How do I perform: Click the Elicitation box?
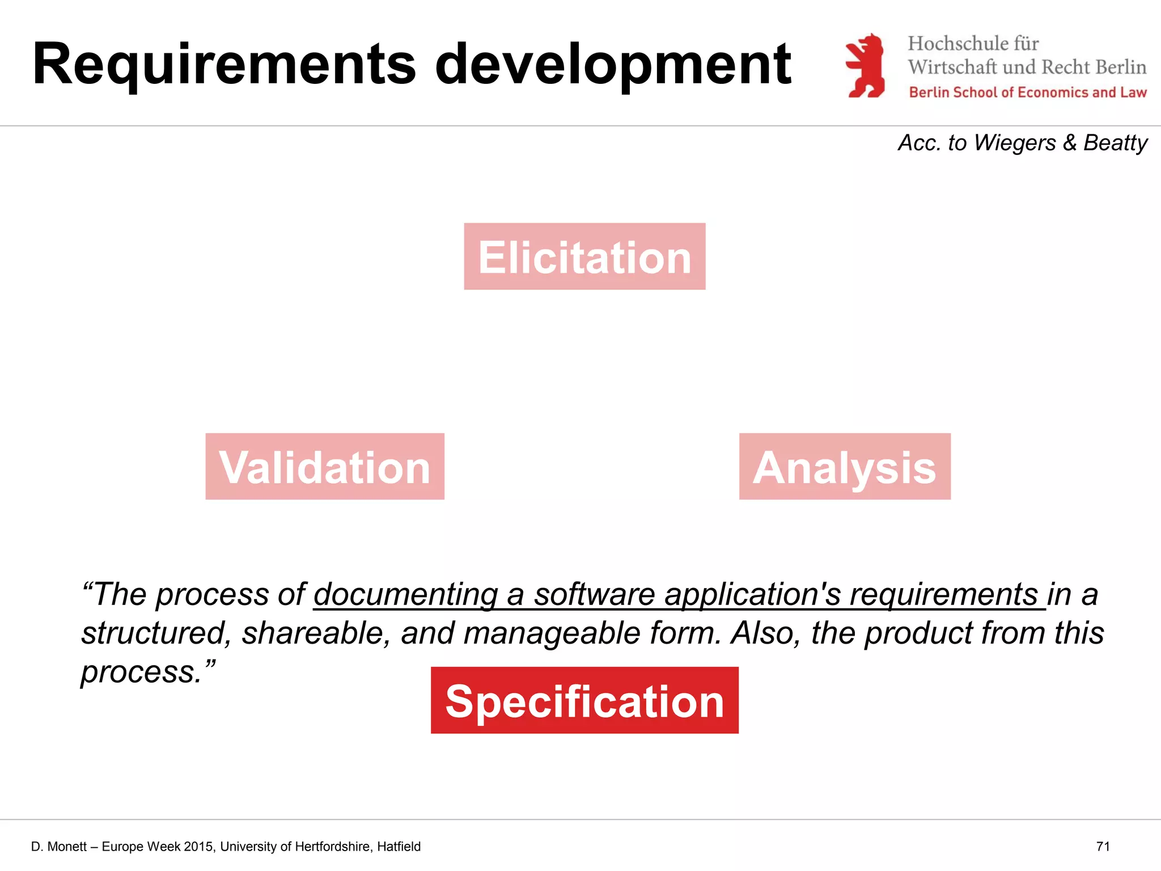coord(584,256)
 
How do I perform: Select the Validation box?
coord(325,467)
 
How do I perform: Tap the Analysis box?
coord(845,467)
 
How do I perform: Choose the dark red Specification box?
coord(584,700)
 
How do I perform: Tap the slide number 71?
coord(1103,847)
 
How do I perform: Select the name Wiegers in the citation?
coord(1015,143)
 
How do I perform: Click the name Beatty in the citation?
coord(1115,143)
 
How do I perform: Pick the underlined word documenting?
coord(405,594)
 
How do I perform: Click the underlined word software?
coord(594,594)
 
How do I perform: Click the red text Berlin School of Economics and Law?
coord(1028,92)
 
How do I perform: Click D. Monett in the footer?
coord(59,847)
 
